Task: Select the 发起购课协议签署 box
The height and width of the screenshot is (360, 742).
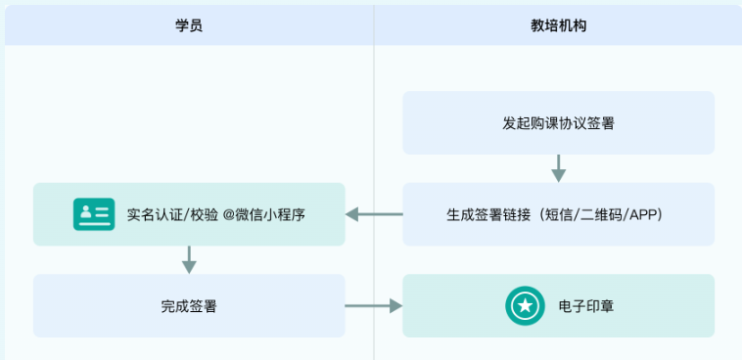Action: tap(558, 123)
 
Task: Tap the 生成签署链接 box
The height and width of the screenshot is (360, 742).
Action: tap(558, 214)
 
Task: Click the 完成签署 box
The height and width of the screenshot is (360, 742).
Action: tap(189, 306)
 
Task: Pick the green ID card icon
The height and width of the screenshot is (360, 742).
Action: tap(94, 214)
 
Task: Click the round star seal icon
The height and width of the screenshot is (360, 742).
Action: tap(525, 306)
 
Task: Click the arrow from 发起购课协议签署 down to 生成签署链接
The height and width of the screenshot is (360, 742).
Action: tap(558, 168)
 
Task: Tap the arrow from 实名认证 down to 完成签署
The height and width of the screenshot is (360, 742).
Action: tap(189, 259)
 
